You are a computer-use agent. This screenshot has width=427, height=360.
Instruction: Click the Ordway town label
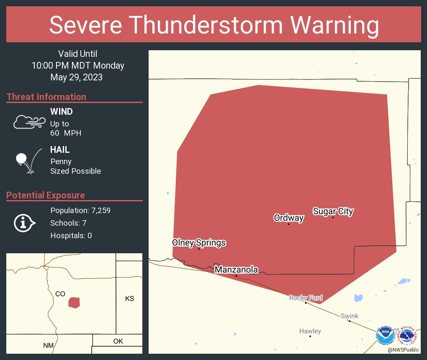pyautogui.click(x=288, y=218)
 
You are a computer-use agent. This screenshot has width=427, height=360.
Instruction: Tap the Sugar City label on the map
pyautogui.click(x=333, y=211)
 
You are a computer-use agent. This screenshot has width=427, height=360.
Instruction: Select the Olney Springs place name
pyautogui.click(x=199, y=242)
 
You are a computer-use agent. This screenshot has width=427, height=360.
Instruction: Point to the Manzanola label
pyautogui.click(x=236, y=270)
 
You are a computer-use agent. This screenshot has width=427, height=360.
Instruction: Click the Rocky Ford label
pyautogui.click(x=306, y=298)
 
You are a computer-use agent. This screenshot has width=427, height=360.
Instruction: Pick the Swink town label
pyautogui.click(x=349, y=316)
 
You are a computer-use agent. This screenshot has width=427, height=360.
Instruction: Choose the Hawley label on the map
pyautogui.click(x=310, y=331)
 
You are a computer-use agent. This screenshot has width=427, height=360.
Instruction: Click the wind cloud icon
pyautogui.click(x=29, y=122)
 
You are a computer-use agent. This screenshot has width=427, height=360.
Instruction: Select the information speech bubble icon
pyautogui.click(x=24, y=223)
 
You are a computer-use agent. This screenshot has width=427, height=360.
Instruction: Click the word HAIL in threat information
pyautogui.click(x=60, y=150)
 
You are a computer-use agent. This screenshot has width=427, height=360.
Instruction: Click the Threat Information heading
pyautogui.click(x=46, y=97)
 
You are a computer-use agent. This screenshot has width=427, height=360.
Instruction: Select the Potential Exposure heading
pyautogui.click(x=46, y=195)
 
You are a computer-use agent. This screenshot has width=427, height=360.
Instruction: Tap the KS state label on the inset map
pyautogui.click(x=129, y=298)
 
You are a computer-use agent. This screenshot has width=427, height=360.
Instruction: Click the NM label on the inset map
pyautogui.click(x=48, y=345)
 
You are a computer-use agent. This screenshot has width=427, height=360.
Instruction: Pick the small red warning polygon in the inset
pyautogui.click(x=74, y=303)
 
